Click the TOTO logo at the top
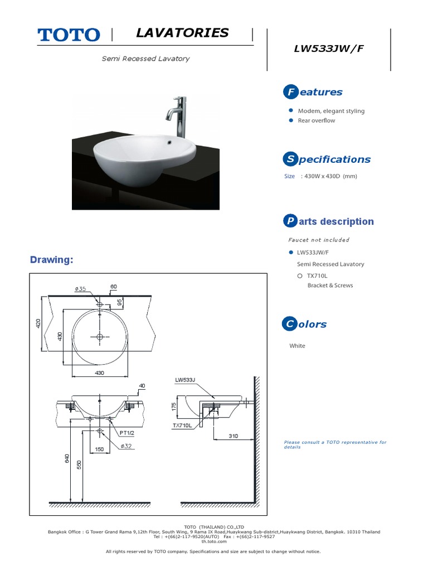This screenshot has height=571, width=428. (69, 35)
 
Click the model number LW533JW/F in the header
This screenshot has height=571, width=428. (329, 48)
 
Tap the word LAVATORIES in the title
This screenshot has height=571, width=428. (182, 33)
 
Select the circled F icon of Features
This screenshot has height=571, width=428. (289, 92)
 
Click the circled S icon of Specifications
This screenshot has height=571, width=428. (289, 159)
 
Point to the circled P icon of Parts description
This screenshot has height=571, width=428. (289, 221)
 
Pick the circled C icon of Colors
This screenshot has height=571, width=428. (289, 324)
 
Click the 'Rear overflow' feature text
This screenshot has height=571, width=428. (317, 120)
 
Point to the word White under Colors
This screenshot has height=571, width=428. (298, 346)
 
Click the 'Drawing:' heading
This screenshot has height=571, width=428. (51, 260)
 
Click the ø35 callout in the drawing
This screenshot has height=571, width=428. (81, 289)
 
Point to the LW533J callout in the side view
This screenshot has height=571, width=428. (186, 380)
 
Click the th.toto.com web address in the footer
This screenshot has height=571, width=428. (214, 541)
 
